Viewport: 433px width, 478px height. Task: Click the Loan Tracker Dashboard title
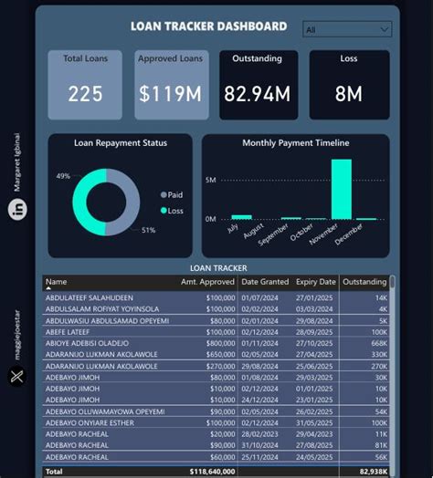tap(208, 27)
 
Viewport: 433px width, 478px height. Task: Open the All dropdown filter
tap(346, 29)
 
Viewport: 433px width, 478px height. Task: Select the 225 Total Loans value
tap(85, 94)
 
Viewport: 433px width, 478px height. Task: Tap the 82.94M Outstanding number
tap(257, 94)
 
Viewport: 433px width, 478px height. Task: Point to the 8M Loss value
tap(349, 94)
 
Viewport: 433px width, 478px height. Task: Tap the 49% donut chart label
tap(63, 176)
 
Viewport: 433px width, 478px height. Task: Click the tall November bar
tap(342, 190)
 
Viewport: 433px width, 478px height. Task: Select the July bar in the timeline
tap(241, 217)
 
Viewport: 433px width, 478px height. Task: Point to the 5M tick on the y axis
tap(210, 181)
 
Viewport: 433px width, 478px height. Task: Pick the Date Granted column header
tap(264, 282)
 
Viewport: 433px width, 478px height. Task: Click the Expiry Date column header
tap(316, 282)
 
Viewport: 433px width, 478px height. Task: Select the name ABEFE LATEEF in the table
tap(72, 333)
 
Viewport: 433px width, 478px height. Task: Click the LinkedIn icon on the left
tap(17, 210)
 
